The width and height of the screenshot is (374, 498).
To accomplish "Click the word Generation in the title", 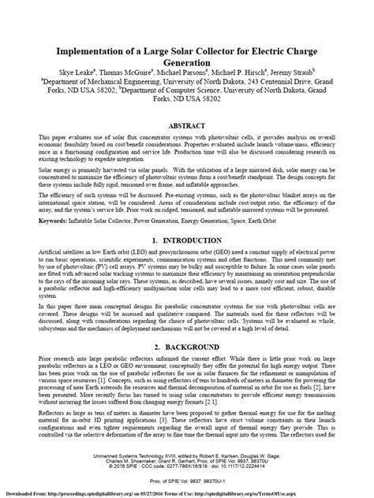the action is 186,48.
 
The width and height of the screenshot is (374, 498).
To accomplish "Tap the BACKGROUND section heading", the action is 193,346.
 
